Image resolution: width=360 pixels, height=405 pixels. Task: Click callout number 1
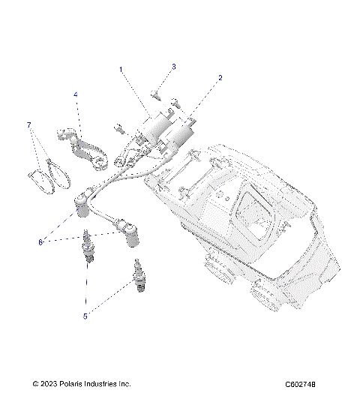(x=121, y=70)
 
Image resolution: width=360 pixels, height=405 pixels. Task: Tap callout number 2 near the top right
(x=220, y=77)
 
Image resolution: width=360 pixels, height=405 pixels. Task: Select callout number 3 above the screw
(x=173, y=67)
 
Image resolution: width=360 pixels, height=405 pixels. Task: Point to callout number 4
(x=76, y=94)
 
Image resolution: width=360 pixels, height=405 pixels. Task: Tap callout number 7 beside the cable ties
(x=29, y=124)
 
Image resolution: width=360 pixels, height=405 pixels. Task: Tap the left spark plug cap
(x=80, y=204)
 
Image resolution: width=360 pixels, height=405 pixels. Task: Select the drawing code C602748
(x=300, y=384)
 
